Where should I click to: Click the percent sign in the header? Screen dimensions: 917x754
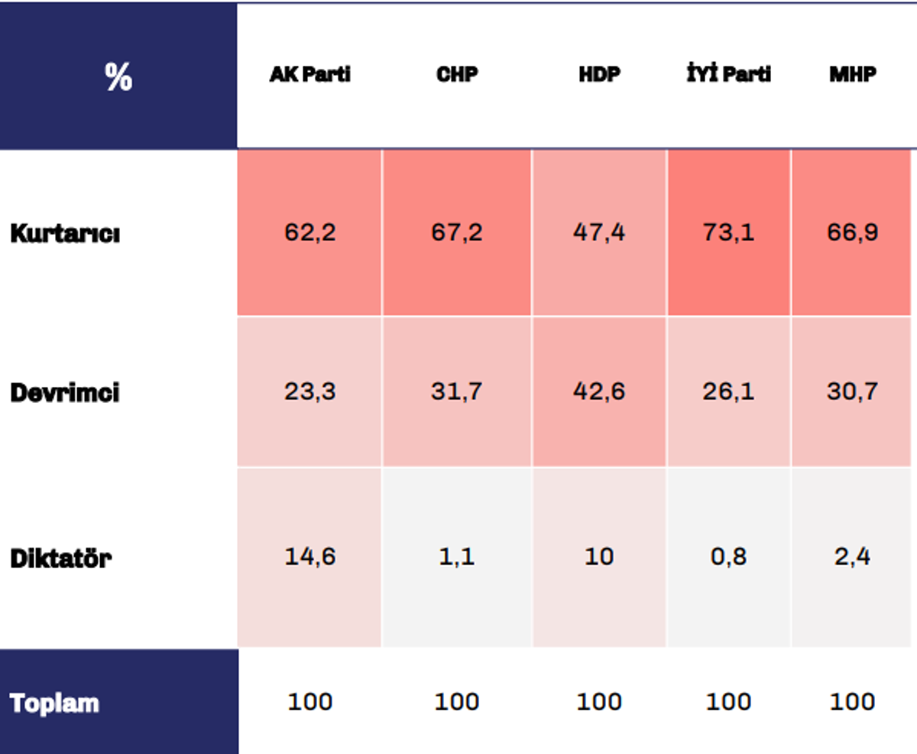(x=118, y=76)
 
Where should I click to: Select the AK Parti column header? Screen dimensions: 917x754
(x=310, y=74)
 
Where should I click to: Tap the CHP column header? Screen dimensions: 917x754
(x=457, y=74)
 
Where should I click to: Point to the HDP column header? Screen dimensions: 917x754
(x=600, y=74)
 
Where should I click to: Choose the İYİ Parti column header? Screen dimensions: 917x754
(x=729, y=73)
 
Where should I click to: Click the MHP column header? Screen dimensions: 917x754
(x=853, y=74)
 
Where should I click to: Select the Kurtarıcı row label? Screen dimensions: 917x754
(x=65, y=234)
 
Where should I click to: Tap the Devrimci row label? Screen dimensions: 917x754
(x=65, y=392)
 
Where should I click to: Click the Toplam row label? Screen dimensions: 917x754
(x=54, y=703)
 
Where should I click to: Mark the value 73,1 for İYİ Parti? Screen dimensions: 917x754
(x=729, y=232)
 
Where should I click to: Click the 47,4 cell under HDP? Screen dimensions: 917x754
(x=599, y=232)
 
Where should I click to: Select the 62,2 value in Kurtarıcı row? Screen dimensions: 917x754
(x=310, y=232)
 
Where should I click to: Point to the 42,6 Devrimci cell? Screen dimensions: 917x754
(x=599, y=391)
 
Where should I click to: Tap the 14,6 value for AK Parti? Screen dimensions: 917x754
(x=310, y=557)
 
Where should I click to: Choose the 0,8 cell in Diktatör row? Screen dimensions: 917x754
(x=729, y=557)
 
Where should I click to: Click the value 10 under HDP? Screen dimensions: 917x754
(x=599, y=557)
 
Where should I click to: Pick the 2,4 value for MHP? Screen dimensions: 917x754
(x=853, y=557)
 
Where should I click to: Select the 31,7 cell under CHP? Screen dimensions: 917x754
(x=456, y=391)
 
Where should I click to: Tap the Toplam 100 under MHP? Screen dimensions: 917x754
(x=852, y=702)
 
